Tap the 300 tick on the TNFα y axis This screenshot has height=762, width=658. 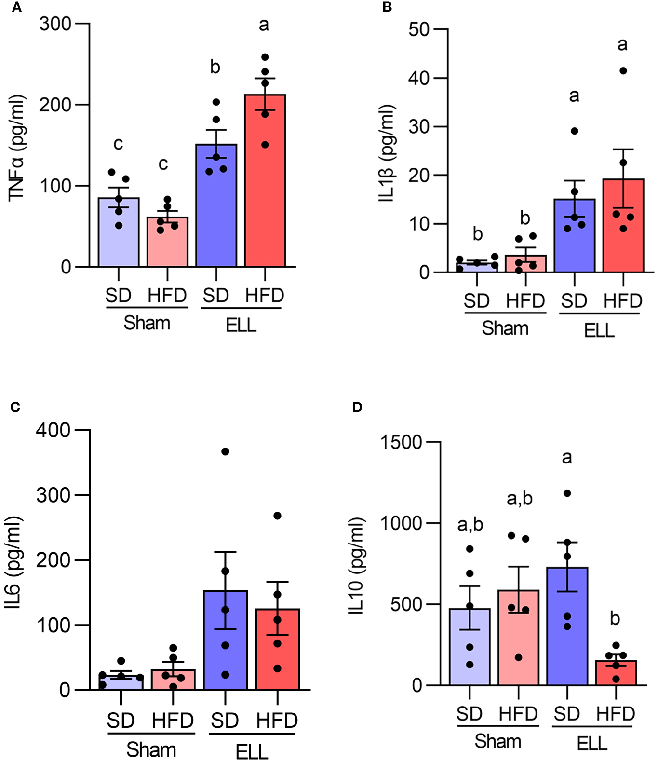coord(55,24)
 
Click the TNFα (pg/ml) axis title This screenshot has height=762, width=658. coord(16,147)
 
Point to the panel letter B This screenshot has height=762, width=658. coord(387,7)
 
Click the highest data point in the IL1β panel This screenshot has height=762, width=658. coord(623,71)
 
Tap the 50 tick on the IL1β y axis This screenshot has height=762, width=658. coord(418,29)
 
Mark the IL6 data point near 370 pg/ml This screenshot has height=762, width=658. coord(225,451)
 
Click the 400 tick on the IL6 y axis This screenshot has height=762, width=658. coord(53,430)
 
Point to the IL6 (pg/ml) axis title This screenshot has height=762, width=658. coord(13,562)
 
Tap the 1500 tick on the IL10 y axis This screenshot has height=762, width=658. coord(401,442)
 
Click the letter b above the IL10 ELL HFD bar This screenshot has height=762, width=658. coord(615,618)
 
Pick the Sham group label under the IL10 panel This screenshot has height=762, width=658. coord(497,741)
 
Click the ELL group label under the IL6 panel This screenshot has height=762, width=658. coord(252,751)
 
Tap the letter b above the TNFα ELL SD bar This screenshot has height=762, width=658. coord(215,67)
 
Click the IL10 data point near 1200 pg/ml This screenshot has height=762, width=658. coord(567,493)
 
